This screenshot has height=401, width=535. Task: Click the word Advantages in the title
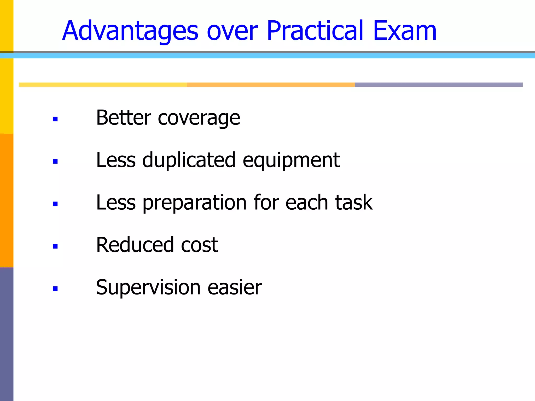130,31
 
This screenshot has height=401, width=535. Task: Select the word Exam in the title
405,31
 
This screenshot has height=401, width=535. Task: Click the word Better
124,117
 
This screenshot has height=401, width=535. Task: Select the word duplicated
189,161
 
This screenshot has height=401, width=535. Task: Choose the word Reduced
135,245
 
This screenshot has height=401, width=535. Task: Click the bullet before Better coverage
55,119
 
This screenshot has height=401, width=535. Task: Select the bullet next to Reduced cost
55,246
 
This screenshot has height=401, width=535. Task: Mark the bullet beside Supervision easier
55,288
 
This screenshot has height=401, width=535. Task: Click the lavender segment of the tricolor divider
438,85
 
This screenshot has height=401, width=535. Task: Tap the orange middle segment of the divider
271,85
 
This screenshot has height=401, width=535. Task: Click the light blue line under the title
267,56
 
